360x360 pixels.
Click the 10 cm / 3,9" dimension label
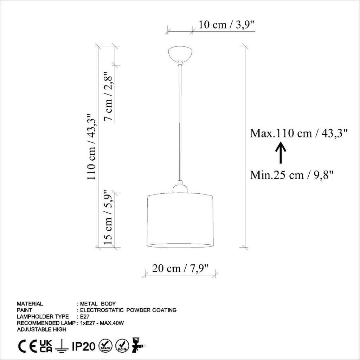coord(227,24)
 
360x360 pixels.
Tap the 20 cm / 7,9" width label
coord(180,268)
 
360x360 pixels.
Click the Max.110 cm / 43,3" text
coord(299,133)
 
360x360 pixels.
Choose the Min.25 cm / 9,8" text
coord(291,175)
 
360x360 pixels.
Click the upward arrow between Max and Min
coord(281,153)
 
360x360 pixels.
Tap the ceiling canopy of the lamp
coord(180,54)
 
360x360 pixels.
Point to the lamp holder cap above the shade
coord(180,188)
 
